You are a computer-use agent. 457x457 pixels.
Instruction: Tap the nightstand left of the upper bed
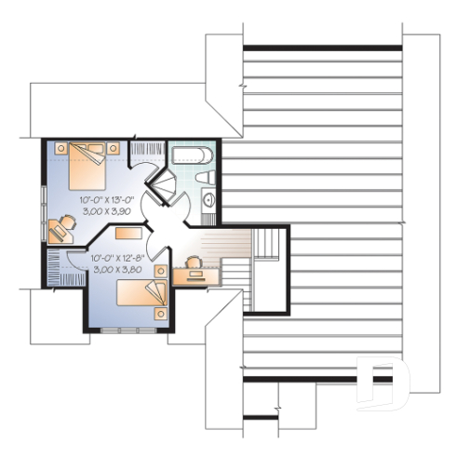[x=60, y=147]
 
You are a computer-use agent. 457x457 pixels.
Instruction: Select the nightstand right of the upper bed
[x=114, y=147]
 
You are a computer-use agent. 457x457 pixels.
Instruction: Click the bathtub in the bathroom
[x=193, y=155]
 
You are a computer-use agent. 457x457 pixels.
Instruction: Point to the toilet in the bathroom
[x=210, y=177]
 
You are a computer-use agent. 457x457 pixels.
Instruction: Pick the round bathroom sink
[x=208, y=199]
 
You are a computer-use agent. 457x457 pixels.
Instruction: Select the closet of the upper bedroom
[x=147, y=150]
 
